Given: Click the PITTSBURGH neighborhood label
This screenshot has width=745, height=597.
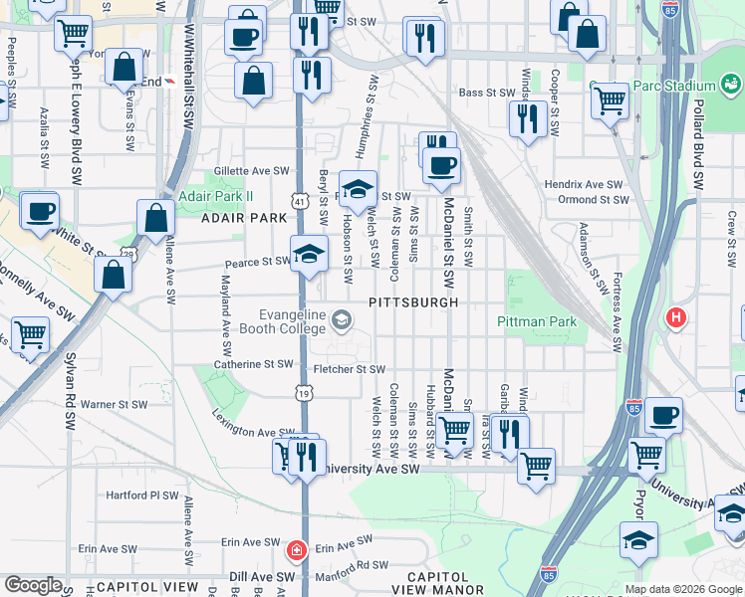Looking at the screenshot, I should coord(413,301).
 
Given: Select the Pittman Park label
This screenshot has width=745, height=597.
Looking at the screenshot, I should coord(537,321).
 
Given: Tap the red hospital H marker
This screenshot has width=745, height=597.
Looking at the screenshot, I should coord(676,318).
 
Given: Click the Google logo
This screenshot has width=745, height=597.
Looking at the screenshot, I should coord(33,585).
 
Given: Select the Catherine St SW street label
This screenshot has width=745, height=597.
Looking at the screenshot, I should coord(254,365).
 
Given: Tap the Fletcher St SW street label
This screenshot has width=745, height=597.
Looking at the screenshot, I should coord(349,369).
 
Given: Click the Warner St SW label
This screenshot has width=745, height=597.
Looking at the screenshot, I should coord(114,405).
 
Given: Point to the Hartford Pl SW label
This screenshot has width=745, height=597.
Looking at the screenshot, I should coord(141,495).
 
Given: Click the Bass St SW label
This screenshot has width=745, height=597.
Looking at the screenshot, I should coord(485,93).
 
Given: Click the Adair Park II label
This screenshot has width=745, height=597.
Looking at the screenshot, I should coord(208,196).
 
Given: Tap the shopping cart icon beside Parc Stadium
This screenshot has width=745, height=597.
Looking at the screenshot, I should coord(610,99).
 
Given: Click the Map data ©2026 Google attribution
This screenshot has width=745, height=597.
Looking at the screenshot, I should coord(682,589).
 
